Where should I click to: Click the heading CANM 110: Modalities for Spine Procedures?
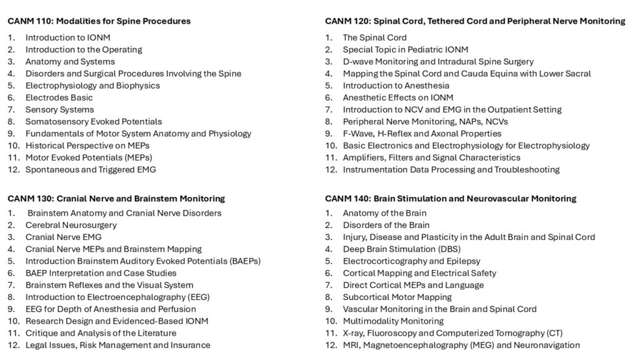pyautogui.click(x=99, y=21)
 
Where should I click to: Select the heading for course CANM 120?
pyautogui.click(x=474, y=21)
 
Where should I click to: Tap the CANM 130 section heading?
pyautogui.click(x=116, y=199)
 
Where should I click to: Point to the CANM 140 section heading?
pyautogui.click(x=450, y=199)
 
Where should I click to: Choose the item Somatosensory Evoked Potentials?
pyautogui.click(x=93, y=121)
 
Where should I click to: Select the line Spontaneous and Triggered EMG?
pyautogui.click(x=91, y=169)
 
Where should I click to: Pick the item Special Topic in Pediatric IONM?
pyautogui.click(x=405, y=49)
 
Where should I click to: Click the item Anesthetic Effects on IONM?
pyautogui.click(x=397, y=97)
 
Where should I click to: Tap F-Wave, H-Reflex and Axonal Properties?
pyautogui.click(x=422, y=133)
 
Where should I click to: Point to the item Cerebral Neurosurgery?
pyautogui.click(x=71, y=225)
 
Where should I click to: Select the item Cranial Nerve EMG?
pyautogui.click(x=63, y=237)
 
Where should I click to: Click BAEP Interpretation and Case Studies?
pyautogui.click(x=101, y=273)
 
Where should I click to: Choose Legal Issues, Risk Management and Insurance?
pyautogui.click(x=117, y=345)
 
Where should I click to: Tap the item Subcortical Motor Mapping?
pyautogui.click(x=397, y=297)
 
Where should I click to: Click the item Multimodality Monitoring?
pyautogui.click(x=393, y=321)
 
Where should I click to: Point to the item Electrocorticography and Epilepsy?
pyautogui.click(x=411, y=261)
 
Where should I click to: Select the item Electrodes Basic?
pyautogui.click(x=59, y=97)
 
